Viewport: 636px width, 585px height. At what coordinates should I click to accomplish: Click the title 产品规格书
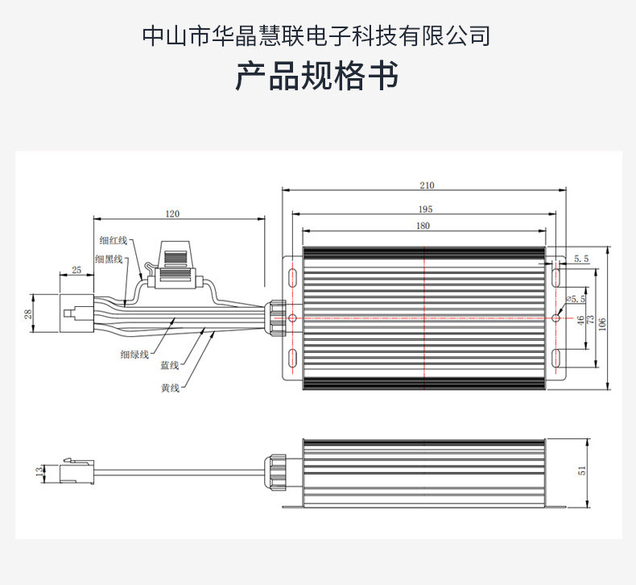point(317,78)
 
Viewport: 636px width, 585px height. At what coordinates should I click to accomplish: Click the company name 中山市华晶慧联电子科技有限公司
point(317,36)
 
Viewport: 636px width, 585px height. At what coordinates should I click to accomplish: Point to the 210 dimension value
point(426,185)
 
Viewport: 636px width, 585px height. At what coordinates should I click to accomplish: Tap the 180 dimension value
point(423,227)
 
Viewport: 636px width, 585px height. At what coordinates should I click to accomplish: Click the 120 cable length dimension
point(172,214)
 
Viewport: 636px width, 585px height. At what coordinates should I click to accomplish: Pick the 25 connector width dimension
point(76,270)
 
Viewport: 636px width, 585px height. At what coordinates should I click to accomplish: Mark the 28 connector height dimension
point(27,314)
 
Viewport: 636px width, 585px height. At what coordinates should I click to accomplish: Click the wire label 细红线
point(114,240)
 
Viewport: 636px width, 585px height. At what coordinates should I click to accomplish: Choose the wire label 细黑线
point(108,259)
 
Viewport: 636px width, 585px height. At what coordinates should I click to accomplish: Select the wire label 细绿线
point(134,354)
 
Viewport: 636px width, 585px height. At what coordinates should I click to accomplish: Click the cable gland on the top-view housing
point(275,316)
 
